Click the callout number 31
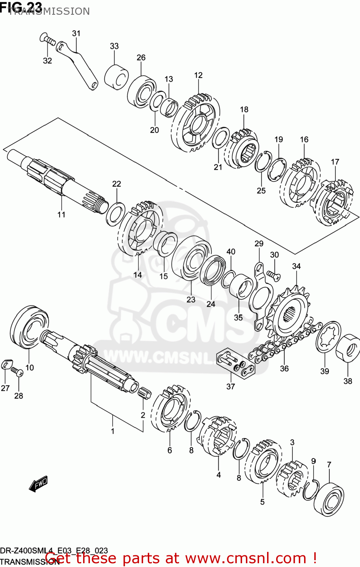point(76,33)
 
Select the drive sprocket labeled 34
point(289,314)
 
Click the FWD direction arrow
point(39,483)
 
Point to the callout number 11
point(61,214)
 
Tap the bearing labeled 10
point(29,327)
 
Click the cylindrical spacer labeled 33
point(116,77)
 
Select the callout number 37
point(230,386)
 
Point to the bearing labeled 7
point(329,499)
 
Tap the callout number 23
point(191,299)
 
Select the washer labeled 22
point(116,214)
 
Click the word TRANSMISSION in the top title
point(49,11)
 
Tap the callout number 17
point(335,162)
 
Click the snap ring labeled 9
point(311,490)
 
